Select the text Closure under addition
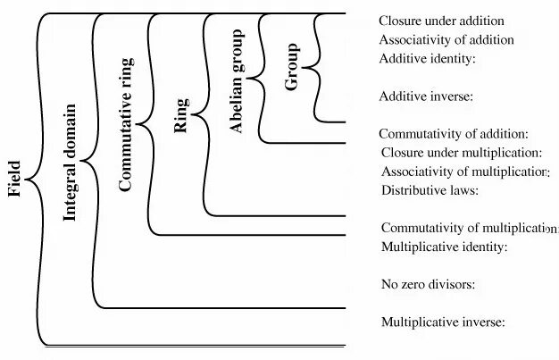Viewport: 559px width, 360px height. click(441, 21)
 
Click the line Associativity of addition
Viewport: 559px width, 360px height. click(446, 39)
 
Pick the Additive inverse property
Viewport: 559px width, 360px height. click(426, 96)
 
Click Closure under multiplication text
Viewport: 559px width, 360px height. click(462, 153)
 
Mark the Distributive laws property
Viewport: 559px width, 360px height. click(430, 190)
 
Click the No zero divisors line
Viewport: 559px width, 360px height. click(428, 285)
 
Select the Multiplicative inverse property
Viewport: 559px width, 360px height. click(444, 322)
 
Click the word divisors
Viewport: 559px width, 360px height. click(448, 285)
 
